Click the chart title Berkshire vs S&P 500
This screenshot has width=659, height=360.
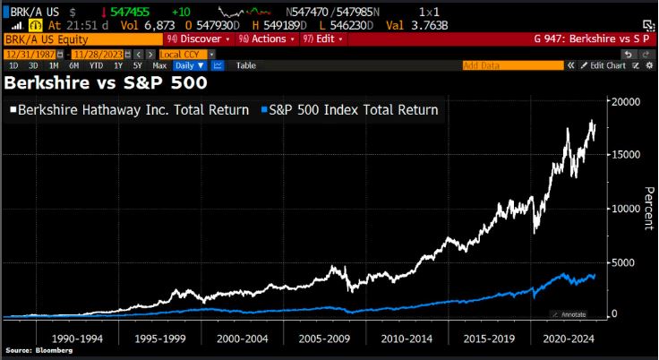click(x=107, y=83)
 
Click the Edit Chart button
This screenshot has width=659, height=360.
click(x=604, y=65)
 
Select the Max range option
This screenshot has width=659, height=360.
click(x=159, y=65)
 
